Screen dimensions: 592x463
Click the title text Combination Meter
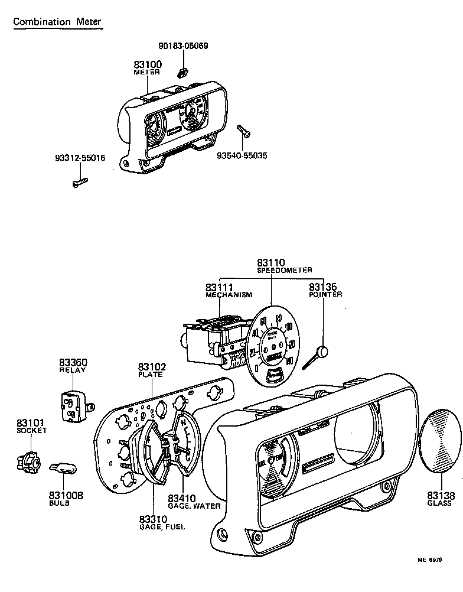point(57,22)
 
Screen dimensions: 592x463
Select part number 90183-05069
point(183,45)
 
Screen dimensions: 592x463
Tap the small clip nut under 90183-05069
point(182,73)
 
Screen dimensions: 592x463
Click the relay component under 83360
point(74,406)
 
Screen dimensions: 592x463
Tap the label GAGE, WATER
point(194,506)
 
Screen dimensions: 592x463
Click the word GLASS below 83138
point(439,503)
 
